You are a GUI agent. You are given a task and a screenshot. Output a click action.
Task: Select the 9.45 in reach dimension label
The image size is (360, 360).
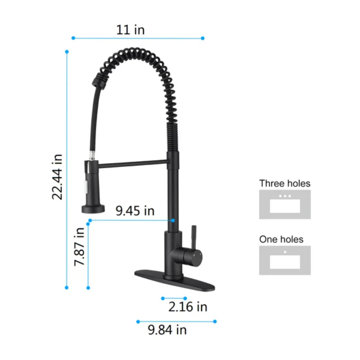135,211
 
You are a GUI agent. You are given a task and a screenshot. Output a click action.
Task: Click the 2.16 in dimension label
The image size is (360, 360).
188,307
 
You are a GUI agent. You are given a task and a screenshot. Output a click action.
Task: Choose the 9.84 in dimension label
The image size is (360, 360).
167,330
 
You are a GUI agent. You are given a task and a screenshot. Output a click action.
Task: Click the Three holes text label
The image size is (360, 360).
284,183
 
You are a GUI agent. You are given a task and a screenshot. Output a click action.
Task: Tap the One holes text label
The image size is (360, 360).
281,239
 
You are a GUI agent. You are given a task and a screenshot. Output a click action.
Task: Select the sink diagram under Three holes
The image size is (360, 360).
284,204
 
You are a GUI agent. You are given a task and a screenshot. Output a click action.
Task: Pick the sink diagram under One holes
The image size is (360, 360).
284,260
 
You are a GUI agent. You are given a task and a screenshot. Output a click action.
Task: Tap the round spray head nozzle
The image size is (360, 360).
92,208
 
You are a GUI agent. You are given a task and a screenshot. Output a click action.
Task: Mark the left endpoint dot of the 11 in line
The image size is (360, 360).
72,38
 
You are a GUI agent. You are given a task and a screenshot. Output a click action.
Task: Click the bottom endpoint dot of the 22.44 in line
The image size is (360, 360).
67,287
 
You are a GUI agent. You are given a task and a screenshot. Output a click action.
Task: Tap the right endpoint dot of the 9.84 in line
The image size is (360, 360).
215,321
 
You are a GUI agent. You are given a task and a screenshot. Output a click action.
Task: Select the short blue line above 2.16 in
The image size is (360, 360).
174,298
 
